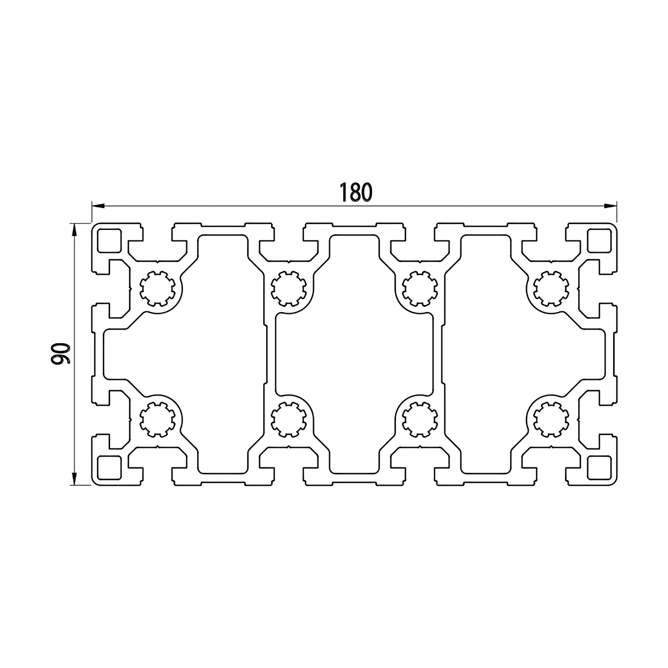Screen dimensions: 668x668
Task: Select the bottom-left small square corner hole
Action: [x=109, y=467]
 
